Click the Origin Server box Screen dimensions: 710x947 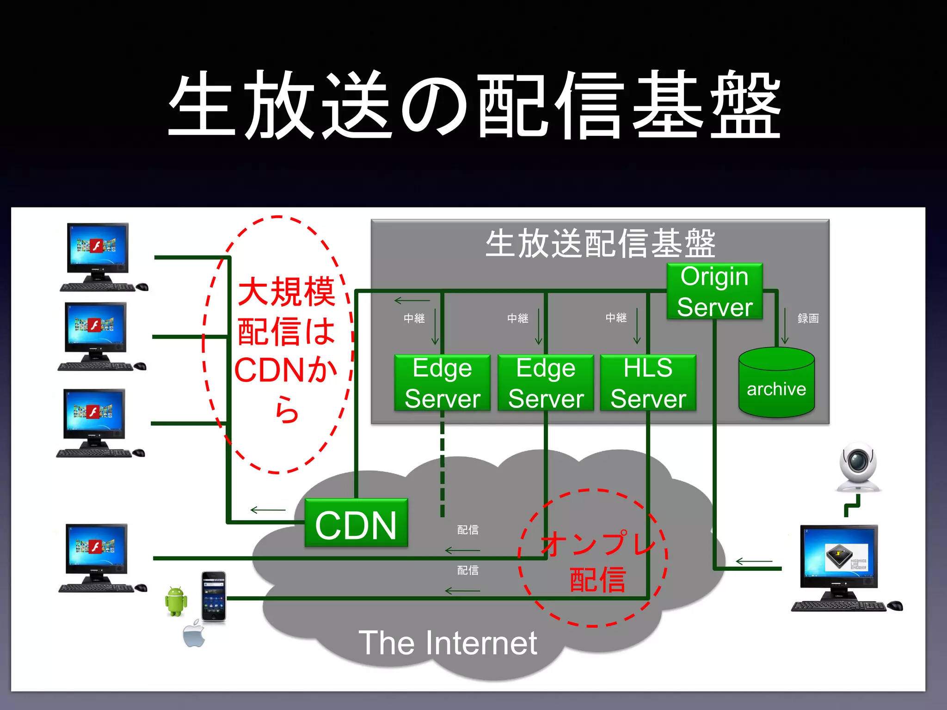[x=714, y=291]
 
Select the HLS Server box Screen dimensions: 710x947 [x=648, y=383]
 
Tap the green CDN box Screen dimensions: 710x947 [x=356, y=523]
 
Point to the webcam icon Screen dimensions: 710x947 [x=858, y=467]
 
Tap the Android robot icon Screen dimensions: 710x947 [x=176, y=601]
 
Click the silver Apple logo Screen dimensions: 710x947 [x=194, y=634]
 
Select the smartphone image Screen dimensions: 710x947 [x=214, y=596]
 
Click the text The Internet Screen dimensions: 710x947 [x=448, y=643]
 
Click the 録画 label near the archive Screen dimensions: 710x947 [x=808, y=318]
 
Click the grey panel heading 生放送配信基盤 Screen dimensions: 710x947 [x=600, y=244]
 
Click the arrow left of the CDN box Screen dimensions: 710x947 [x=268, y=510]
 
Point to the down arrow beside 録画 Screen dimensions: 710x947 [x=785, y=326]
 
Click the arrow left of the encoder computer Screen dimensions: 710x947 [x=754, y=562]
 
